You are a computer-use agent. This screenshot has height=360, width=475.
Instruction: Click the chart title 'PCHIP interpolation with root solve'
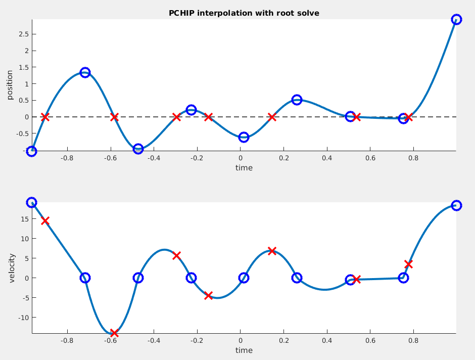point(244,13)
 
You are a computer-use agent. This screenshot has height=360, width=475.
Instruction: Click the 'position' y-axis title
point(10,85)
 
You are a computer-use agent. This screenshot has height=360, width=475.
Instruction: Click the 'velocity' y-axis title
point(12,268)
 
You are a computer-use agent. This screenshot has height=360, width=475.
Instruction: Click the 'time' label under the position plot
point(244,167)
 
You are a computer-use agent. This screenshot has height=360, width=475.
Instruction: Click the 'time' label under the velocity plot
point(244,350)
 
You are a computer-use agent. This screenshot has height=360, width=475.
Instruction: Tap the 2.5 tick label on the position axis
point(24,34)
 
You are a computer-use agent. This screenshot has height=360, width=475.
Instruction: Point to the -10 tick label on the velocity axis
point(23,318)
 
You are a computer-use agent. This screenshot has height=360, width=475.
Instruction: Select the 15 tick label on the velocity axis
point(25,219)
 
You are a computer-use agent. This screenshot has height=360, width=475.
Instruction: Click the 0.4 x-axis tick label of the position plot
point(327,158)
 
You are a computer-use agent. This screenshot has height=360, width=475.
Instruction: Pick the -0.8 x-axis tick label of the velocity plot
point(67,341)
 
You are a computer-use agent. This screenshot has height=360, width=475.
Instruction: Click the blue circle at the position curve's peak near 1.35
point(85,72)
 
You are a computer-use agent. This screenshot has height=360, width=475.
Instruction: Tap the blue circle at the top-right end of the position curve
point(456,19)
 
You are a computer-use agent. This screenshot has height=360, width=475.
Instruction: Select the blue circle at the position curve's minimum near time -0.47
point(138,149)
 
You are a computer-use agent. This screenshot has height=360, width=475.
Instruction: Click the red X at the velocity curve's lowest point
point(114,333)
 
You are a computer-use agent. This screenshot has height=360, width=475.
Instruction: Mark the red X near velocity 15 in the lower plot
point(45,220)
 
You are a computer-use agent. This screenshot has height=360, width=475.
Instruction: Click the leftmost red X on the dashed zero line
point(45,117)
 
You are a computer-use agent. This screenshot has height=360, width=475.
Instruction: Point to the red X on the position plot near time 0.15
point(272,117)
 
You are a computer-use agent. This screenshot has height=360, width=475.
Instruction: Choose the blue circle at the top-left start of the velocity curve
point(31,202)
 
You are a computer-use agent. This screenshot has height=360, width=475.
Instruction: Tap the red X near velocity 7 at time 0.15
point(272,251)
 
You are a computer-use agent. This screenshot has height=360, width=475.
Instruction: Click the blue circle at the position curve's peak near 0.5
point(297,100)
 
